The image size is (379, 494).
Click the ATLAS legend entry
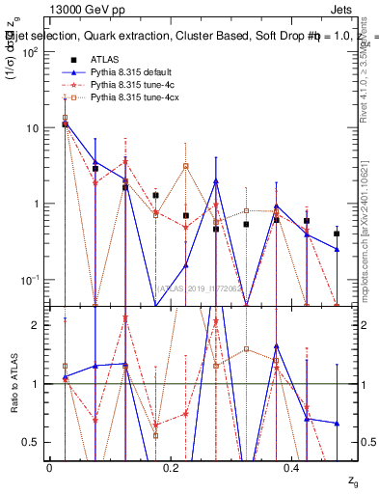point(104,60)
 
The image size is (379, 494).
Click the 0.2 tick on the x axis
point(172,467)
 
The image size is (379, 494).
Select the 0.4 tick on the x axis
point(293,467)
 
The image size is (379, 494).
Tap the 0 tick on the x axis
point(49,467)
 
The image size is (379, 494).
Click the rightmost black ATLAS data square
point(337,233)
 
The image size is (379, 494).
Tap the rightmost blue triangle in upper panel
point(337,249)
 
